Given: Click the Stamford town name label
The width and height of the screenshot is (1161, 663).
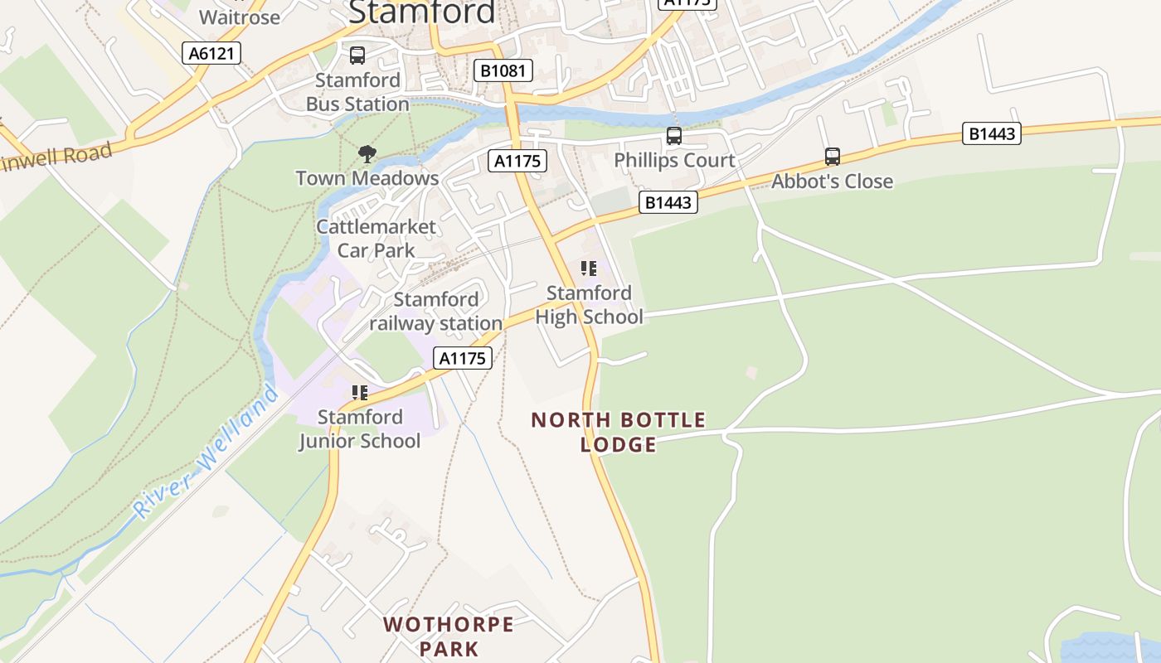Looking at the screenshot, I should [x=422, y=12].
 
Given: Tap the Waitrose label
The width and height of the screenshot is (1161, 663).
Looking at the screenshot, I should [x=240, y=16].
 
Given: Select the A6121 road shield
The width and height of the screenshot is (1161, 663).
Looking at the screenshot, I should [x=211, y=54].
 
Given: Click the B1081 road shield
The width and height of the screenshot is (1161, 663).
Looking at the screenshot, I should [x=503, y=70].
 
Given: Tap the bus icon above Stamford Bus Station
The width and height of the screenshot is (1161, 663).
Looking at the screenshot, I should [x=357, y=56].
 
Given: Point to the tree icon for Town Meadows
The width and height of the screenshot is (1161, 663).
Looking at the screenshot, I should [x=367, y=153].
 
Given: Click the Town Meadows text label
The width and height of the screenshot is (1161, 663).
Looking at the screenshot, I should [x=367, y=178].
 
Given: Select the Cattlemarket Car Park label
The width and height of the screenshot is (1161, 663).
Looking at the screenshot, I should [x=376, y=239].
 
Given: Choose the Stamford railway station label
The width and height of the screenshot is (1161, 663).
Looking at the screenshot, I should [x=436, y=311].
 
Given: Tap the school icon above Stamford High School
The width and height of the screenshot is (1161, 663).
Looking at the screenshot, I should [x=589, y=268].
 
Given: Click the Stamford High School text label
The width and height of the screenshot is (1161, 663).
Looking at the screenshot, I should [x=589, y=305].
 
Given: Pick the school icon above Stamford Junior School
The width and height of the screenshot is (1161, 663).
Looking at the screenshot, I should [x=359, y=392].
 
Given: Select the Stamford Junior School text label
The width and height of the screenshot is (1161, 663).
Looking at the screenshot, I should [x=359, y=428].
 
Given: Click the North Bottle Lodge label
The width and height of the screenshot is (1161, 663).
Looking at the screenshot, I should [x=619, y=432].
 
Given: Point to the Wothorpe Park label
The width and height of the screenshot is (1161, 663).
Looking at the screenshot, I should [x=449, y=636].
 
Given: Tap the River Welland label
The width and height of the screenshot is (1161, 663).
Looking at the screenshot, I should [x=207, y=452].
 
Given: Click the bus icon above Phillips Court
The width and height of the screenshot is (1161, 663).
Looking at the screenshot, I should [x=674, y=136].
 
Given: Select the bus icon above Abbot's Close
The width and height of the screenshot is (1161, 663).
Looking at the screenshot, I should [x=832, y=157].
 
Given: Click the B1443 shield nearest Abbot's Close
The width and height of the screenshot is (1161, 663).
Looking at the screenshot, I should [x=991, y=133].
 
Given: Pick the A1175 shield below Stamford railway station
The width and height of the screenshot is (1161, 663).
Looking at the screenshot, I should [x=463, y=358].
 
